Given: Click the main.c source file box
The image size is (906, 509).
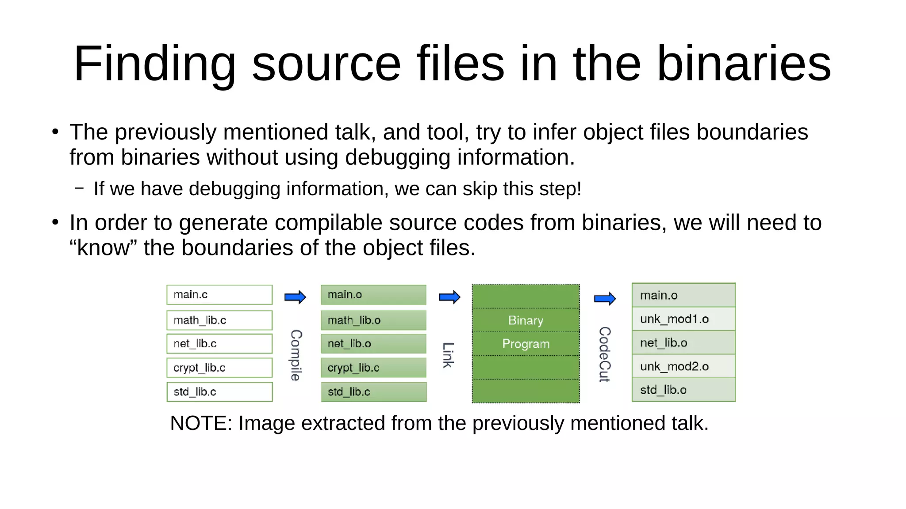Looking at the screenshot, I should pos(219,295).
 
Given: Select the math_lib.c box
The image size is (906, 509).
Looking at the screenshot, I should pos(219,320).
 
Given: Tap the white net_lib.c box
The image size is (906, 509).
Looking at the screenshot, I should pos(219,344).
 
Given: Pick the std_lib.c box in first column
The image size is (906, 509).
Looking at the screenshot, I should pos(219,392).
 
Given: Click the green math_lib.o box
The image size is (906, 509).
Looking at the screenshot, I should pos(373,320).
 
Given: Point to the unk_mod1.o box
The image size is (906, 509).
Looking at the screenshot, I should pos(683,319).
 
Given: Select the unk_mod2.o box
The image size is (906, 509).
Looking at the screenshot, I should pos(683,366).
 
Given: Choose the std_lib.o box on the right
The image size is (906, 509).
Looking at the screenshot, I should pos(683,390).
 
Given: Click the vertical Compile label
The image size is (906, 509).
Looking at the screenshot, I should pos(296,355).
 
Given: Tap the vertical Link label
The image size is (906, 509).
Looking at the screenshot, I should pos(448,355).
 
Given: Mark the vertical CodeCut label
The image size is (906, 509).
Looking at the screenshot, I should pos(604,354).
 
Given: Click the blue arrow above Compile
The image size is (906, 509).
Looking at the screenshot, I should pos(295,297).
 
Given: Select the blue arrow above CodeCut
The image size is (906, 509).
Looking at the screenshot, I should pos(605,299).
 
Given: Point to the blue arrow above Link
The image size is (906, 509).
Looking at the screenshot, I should pos(449,297).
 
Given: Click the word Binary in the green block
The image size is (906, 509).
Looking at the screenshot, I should pos(526,320).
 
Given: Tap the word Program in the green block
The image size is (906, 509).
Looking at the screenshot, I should pos(526,344).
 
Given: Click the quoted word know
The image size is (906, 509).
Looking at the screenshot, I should pos(103,248).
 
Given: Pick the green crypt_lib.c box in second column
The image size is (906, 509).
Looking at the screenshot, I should pos(373,368).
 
